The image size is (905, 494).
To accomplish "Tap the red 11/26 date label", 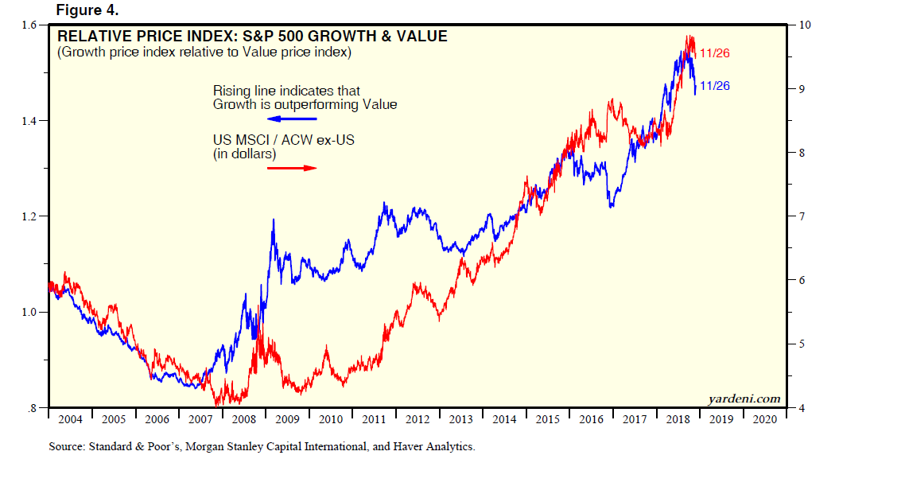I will (714, 53).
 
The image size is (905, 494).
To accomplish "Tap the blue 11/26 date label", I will (714, 86).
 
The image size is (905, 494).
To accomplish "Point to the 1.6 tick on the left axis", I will (31, 25).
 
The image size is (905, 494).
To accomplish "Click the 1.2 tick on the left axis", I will (31, 216).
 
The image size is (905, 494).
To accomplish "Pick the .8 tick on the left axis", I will (33, 408).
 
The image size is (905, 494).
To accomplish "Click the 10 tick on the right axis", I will (805, 25).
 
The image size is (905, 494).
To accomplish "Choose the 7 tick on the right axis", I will (802, 216).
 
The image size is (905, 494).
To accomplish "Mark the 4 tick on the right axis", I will (802, 408).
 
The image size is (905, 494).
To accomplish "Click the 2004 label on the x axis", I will (70, 419).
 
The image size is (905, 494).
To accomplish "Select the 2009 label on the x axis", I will (287, 419).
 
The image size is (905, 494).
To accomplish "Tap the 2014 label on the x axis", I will (504, 419).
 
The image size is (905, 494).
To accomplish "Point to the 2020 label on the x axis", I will (764, 419).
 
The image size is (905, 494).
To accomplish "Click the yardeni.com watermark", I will (744, 399).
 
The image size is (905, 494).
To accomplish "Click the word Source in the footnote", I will (67, 447).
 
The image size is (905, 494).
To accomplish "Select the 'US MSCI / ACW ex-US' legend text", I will (282, 140).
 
